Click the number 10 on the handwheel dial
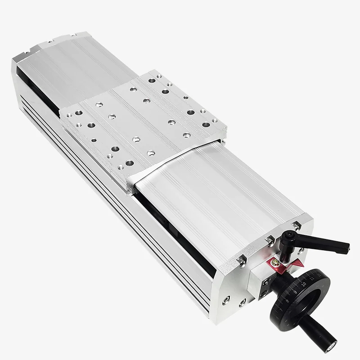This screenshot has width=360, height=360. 304,284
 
